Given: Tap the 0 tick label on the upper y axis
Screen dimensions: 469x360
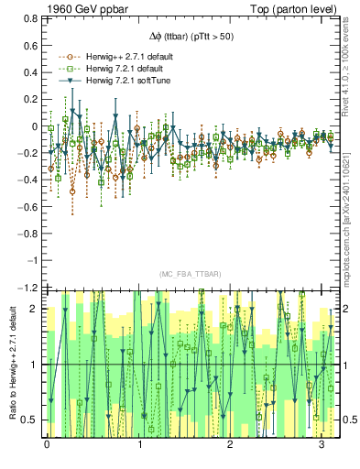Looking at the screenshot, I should (34, 127).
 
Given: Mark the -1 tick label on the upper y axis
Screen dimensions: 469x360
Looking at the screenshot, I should (32, 261).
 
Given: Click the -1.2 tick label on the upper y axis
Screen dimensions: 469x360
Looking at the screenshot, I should (27, 288).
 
